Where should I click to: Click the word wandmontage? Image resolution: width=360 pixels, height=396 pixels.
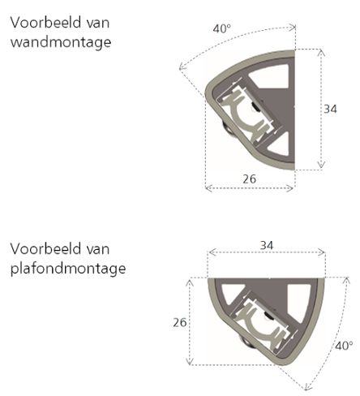coord(61,42)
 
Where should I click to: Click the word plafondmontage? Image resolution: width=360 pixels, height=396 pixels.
coord(68,269)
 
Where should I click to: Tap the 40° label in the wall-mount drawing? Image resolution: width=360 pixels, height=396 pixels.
coord(222,28)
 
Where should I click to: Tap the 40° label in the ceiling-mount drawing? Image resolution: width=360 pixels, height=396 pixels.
coord(344,346)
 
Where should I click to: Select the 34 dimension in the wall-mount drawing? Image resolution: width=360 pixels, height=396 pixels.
coord(330,109)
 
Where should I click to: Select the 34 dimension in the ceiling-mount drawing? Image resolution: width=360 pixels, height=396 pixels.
coord(267,245)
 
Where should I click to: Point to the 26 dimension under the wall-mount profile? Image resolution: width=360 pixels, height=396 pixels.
coord(249,179)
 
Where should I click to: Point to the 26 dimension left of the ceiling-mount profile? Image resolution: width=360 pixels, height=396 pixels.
coord(180,322)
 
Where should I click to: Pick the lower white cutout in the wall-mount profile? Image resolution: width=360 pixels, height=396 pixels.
coord(278,144)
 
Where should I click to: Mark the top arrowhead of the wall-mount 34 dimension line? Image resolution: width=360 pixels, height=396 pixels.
coord(321,52)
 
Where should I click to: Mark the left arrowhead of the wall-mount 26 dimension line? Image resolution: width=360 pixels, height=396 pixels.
coord(208,188)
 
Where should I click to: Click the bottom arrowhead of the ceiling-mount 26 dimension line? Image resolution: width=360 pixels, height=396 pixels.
coord(190,362)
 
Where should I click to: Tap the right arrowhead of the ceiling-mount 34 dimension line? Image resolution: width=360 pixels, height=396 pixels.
coord(322,252)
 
